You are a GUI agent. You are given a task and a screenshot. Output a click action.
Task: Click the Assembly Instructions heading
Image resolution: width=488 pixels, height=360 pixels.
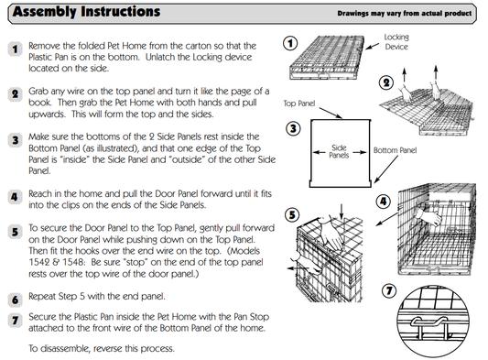86,12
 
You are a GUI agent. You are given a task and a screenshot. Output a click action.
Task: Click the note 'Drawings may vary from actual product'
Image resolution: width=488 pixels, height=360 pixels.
405,14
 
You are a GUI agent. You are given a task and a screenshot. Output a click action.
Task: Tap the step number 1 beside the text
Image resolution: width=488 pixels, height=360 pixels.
15,49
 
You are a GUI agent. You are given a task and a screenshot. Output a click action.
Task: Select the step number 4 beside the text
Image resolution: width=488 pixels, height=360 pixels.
15,197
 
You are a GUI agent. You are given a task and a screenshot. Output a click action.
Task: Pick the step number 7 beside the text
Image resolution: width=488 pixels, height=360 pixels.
15,320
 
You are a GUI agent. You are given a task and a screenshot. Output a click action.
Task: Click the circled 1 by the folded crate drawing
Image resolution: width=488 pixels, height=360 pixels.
290,43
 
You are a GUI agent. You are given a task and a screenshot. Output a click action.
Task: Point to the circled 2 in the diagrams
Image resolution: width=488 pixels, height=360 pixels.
386,82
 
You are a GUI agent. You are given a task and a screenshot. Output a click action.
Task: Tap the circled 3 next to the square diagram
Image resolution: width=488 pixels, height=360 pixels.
293,128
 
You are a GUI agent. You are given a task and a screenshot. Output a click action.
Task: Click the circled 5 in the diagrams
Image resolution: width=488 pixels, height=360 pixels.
292,215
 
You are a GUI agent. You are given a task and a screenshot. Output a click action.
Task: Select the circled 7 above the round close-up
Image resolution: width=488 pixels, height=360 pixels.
389,291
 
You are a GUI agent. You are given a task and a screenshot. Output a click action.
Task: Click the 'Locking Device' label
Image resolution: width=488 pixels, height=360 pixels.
396,42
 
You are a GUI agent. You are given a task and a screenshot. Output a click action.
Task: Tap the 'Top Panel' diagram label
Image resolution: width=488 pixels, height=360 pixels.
299,104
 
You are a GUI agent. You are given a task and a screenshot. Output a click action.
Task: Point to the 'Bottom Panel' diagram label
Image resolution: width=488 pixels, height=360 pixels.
395,150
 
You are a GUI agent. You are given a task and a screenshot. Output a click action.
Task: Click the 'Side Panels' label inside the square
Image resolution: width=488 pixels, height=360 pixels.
339,151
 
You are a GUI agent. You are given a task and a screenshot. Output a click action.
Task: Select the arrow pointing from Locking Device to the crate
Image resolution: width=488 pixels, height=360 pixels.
372,46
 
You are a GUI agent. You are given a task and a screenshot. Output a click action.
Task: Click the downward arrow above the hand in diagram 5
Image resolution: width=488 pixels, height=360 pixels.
342,212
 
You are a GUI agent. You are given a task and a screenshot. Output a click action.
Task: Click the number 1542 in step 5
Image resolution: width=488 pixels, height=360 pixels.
38,262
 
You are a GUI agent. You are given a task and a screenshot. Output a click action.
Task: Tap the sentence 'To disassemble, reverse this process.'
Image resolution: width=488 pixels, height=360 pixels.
102,348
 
